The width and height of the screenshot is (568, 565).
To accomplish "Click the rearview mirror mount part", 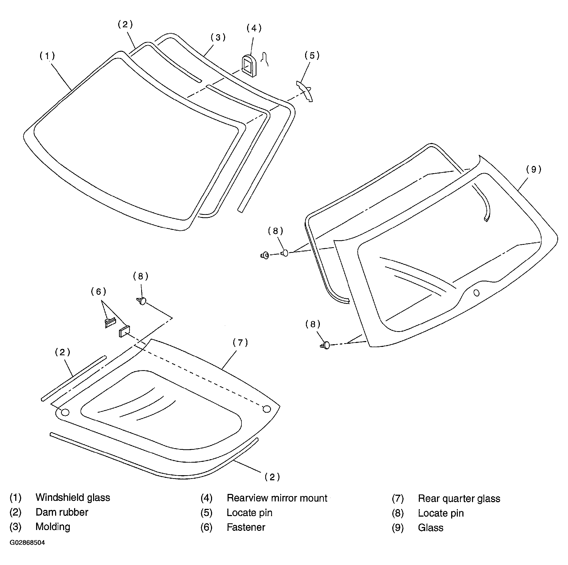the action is (249, 65).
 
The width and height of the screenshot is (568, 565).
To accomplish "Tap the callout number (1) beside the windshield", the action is (47, 56).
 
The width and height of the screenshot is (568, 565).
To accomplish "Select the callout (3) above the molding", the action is (218, 37).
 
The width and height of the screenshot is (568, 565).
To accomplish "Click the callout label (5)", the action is (312, 55).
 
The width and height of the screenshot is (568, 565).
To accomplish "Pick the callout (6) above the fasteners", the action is (98, 292).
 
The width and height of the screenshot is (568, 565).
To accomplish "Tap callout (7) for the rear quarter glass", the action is (240, 342).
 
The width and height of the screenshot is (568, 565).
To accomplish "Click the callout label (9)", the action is (534, 169).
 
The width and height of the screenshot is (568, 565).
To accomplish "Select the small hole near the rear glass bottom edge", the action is (477, 293).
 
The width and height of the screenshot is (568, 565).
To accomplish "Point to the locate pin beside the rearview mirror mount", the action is (305, 91).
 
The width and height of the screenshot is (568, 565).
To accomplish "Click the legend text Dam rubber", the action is (62, 512).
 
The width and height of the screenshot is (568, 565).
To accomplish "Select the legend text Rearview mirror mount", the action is (277, 498).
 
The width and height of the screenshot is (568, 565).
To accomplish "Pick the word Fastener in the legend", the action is (246, 527).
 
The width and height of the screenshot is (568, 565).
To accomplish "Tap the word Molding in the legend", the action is (53, 527).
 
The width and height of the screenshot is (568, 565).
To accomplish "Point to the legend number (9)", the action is (397, 528).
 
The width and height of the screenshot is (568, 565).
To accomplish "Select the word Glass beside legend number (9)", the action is (430, 528).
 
